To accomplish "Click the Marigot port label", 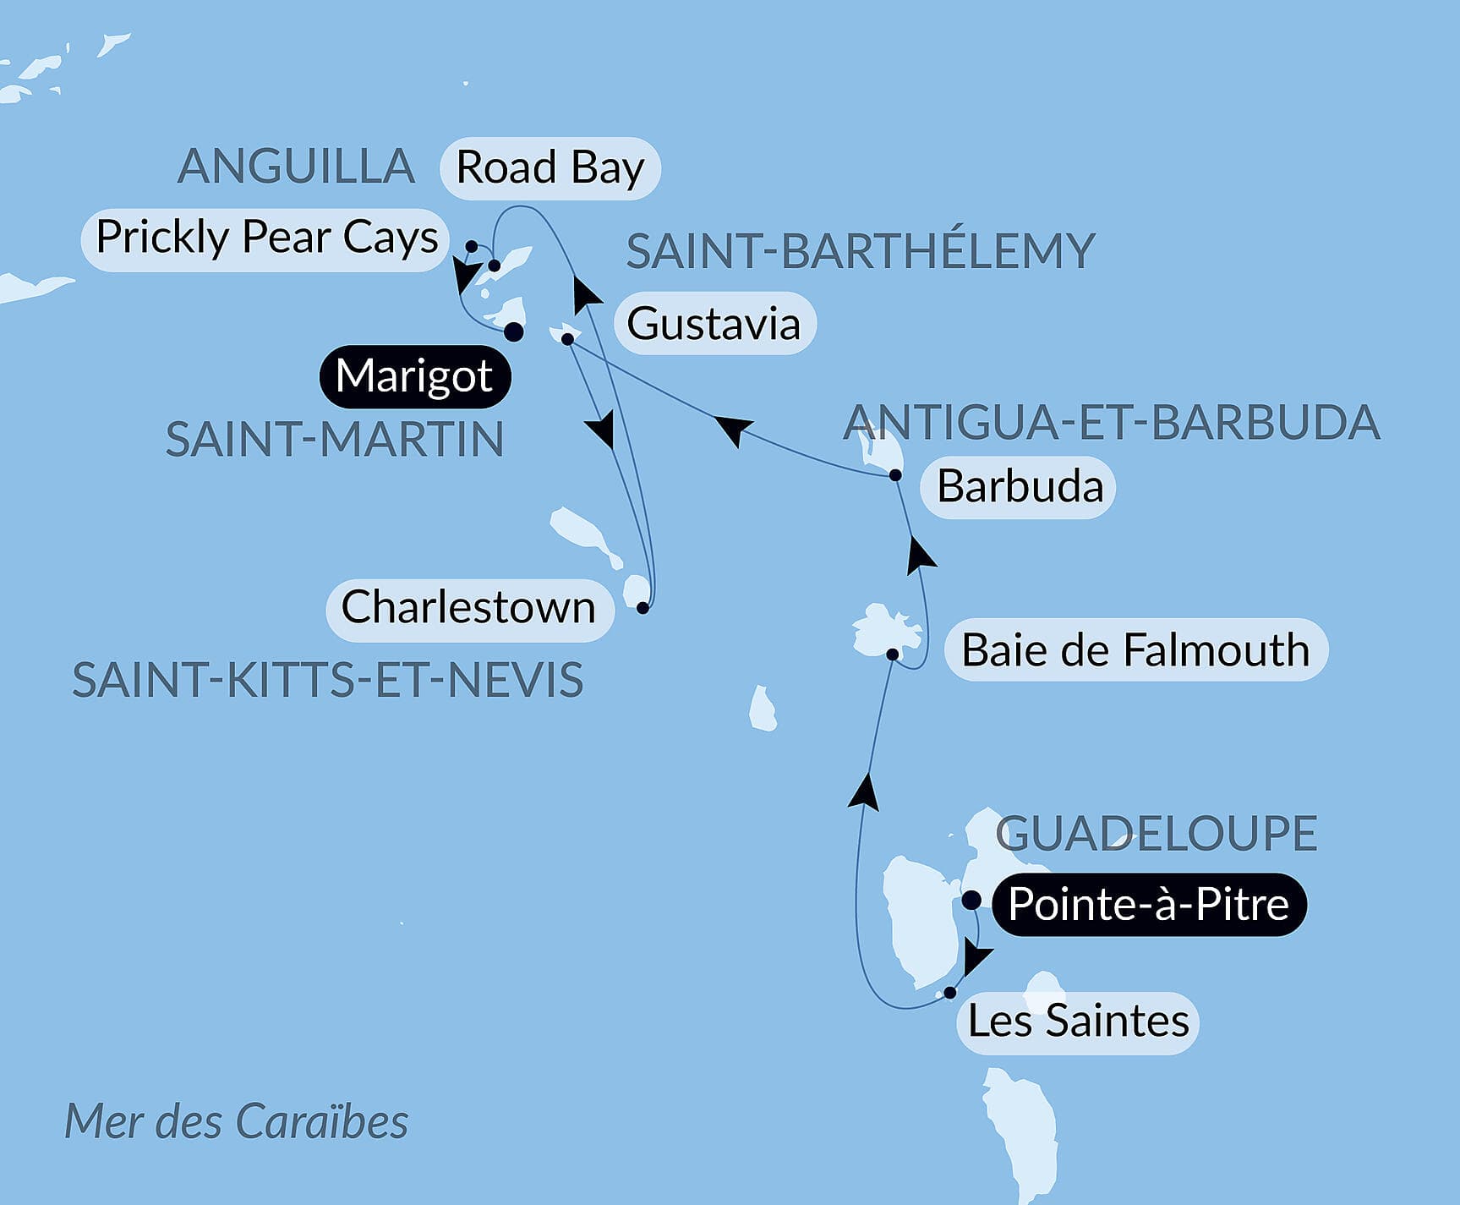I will tap(414, 376).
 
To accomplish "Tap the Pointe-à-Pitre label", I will tap(1148, 905).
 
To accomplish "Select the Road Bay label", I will tap(550, 168).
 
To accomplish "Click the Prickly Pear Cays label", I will tap(266, 238).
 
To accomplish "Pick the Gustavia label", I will tap(714, 324).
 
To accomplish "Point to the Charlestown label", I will tap(468, 608).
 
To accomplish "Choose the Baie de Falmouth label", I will tap(1135, 651).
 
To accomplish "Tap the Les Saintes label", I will tap(1078, 1022).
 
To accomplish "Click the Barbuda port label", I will tap(1020, 487).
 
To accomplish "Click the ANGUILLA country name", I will tap(296, 167).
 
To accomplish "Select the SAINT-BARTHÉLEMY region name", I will tap(860, 252).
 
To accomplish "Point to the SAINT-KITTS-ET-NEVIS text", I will tap(328, 681).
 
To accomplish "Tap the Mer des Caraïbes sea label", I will tap(237, 1123).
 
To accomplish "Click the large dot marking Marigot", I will tap(513, 332).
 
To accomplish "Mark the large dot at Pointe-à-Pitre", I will tap(971, 900).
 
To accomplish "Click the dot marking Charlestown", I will tap(643, 608).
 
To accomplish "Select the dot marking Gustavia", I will tap(568, 339).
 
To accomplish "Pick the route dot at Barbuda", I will tap(895, 475).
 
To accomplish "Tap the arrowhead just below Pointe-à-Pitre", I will tap(976, 958).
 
